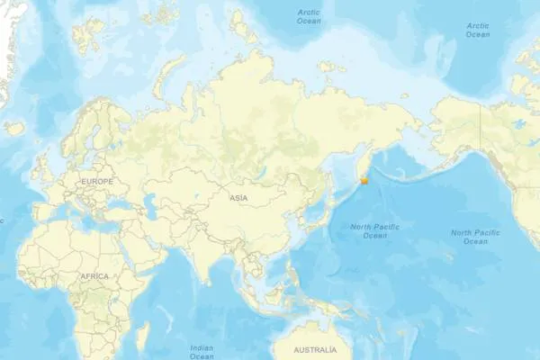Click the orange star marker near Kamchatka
click(x=364, y=181)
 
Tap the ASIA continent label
click(x=238, y=197)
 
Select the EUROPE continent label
click(x=96, y=182)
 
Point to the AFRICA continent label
click(x=94, y=276)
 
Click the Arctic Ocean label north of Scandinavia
click(x=309, y=15)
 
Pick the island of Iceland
click(x=14, y=129)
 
